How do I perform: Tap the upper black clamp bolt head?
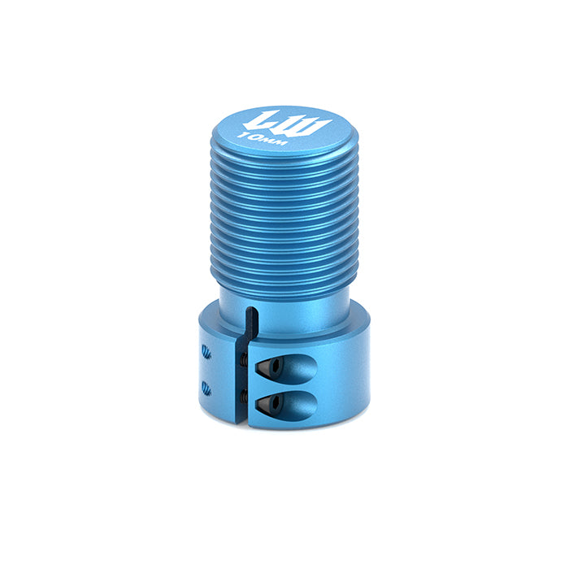pos(270,368)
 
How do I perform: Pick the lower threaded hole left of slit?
pos(206,387)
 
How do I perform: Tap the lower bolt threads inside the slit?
pos(245,396)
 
